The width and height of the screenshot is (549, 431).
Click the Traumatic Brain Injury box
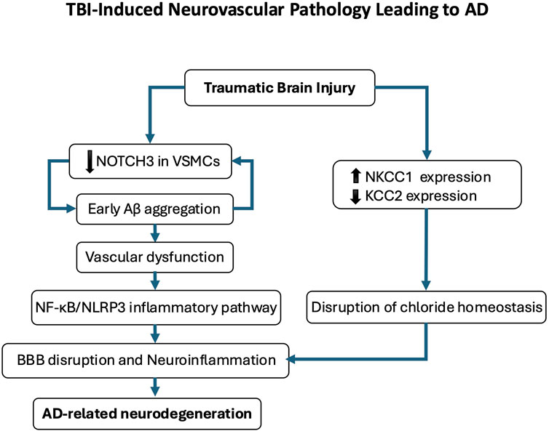(x=280, y=88)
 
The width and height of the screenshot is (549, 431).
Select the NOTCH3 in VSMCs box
(x=150, y=161)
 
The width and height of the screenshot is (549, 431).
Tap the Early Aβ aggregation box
(x=155, y=209)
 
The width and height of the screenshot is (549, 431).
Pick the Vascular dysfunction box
(x=155, y=257)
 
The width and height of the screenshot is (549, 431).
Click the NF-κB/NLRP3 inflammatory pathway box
(x=156, y=307)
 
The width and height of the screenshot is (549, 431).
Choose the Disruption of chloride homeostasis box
(x=427, y=307)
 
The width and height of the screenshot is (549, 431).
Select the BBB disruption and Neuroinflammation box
(x=146, y=360)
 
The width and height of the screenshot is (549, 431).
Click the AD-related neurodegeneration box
(x=147, y=414)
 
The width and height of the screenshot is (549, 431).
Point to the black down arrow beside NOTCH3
(x=90, y=162)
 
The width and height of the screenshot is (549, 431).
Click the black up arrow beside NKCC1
(x=355, y=176)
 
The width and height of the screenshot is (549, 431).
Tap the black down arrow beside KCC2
(x=355, y=196)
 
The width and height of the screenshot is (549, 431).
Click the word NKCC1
(x=389, y=177)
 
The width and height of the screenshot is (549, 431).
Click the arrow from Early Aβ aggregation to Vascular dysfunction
(x=155, y=233)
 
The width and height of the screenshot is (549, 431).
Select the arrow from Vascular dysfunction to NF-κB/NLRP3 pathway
(x=155, y=281)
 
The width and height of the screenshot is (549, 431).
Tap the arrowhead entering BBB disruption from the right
(x=291, y=359)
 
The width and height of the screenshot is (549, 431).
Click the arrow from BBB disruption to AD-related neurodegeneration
(x=155, y=387)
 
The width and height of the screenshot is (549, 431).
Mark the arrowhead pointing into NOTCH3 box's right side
(x=237, y=161)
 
